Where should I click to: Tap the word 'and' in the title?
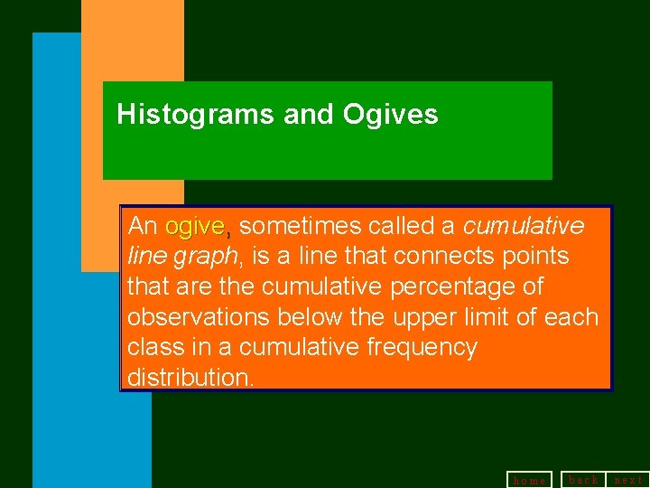coord(309,115)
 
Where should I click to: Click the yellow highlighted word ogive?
coord(195,225)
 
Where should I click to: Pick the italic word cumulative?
coord(524,225)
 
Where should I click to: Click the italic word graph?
coord(207,256)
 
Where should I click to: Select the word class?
coord(154,348)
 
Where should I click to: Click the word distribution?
coord(190,378)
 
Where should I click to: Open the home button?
coord(529,480)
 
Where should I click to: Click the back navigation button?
coord(583,480)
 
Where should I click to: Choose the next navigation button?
coord(628,480)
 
